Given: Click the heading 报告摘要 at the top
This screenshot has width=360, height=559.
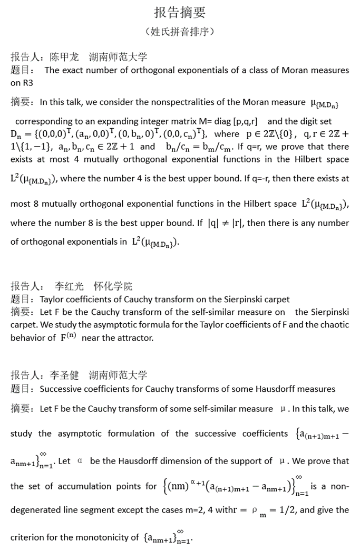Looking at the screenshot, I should (x=180, y=12).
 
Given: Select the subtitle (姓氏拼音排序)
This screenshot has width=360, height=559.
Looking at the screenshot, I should (x=180, y=32).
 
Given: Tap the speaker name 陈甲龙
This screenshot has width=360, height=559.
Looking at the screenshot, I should (x=64, y=57).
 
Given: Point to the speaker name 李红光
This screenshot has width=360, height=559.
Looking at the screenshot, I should (x=69, y=286).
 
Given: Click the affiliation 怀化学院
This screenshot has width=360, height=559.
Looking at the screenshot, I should (x=113, y=286).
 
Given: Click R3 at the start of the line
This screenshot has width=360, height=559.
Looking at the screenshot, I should (x=17, y=83).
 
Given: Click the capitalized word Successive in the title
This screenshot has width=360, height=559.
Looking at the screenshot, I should (x=62, y=389).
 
